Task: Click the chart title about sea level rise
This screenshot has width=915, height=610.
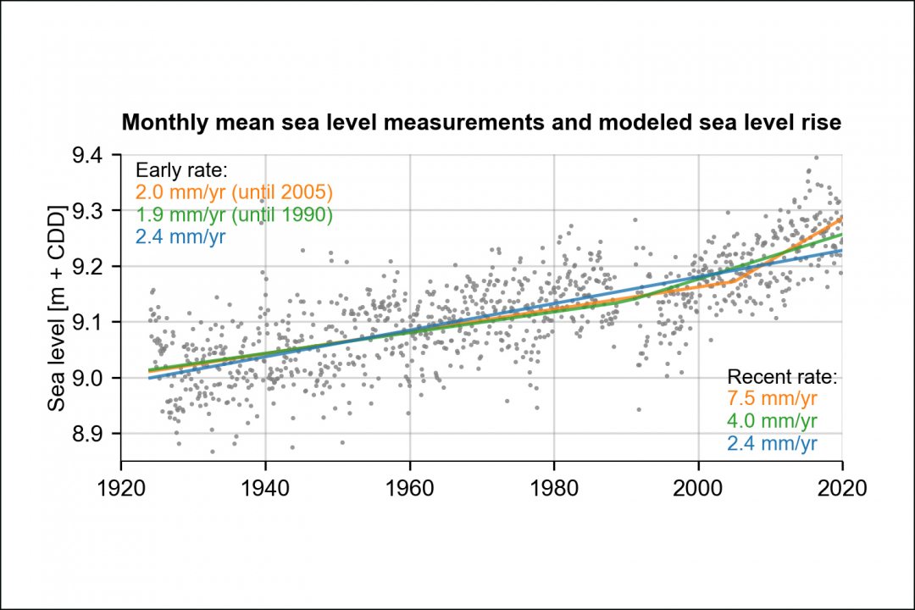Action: coord(481,123)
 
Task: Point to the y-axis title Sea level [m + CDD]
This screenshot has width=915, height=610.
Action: coord(57,308)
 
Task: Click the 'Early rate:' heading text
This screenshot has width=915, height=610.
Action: coord(175,169)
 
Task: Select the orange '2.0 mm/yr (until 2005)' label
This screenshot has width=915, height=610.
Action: coord(234,192)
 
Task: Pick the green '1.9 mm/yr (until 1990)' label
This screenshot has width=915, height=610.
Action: coord(234,215)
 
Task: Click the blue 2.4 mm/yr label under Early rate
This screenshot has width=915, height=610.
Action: coord(180,237)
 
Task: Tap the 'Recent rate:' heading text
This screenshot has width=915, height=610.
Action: coord(782,377)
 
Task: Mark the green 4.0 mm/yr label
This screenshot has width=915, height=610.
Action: coord(772,421)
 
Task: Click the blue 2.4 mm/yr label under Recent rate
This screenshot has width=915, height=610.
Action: coord(772,443)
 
